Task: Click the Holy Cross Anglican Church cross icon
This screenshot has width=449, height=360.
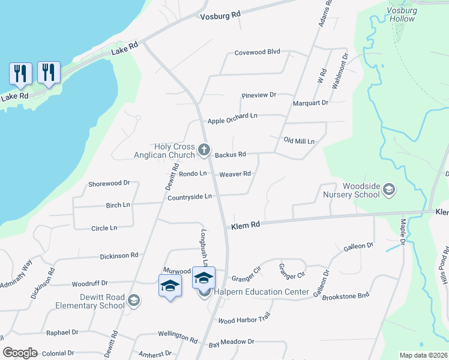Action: [x=204, y=149]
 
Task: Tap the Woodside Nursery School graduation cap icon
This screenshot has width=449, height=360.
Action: [x=389, y=190]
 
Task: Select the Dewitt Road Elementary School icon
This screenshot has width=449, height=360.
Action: [x=134, y=300]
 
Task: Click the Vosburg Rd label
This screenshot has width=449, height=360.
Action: [x=220, y=14]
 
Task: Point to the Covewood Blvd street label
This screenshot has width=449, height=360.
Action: [x=258, y=52]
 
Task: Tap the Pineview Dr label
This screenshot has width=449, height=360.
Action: [x=258, y=95]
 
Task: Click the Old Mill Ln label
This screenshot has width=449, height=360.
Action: [x=299, y=140]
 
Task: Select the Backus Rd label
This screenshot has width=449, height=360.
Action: [x=231, y=154]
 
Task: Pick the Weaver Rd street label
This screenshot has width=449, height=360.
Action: [x=235, y=174]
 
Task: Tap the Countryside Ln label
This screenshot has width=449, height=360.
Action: [x=190, y=196]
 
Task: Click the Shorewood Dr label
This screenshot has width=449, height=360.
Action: [x=109, y=183]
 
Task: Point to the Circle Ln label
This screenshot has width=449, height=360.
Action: [x=104, y=228]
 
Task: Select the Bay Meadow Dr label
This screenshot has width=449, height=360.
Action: [x=232, y=341]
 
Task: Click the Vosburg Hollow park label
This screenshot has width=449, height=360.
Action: [x=401, y=14]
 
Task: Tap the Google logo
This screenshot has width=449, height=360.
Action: [x=20, y=353]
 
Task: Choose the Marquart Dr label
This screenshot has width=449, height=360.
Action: [x=310, y=103]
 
